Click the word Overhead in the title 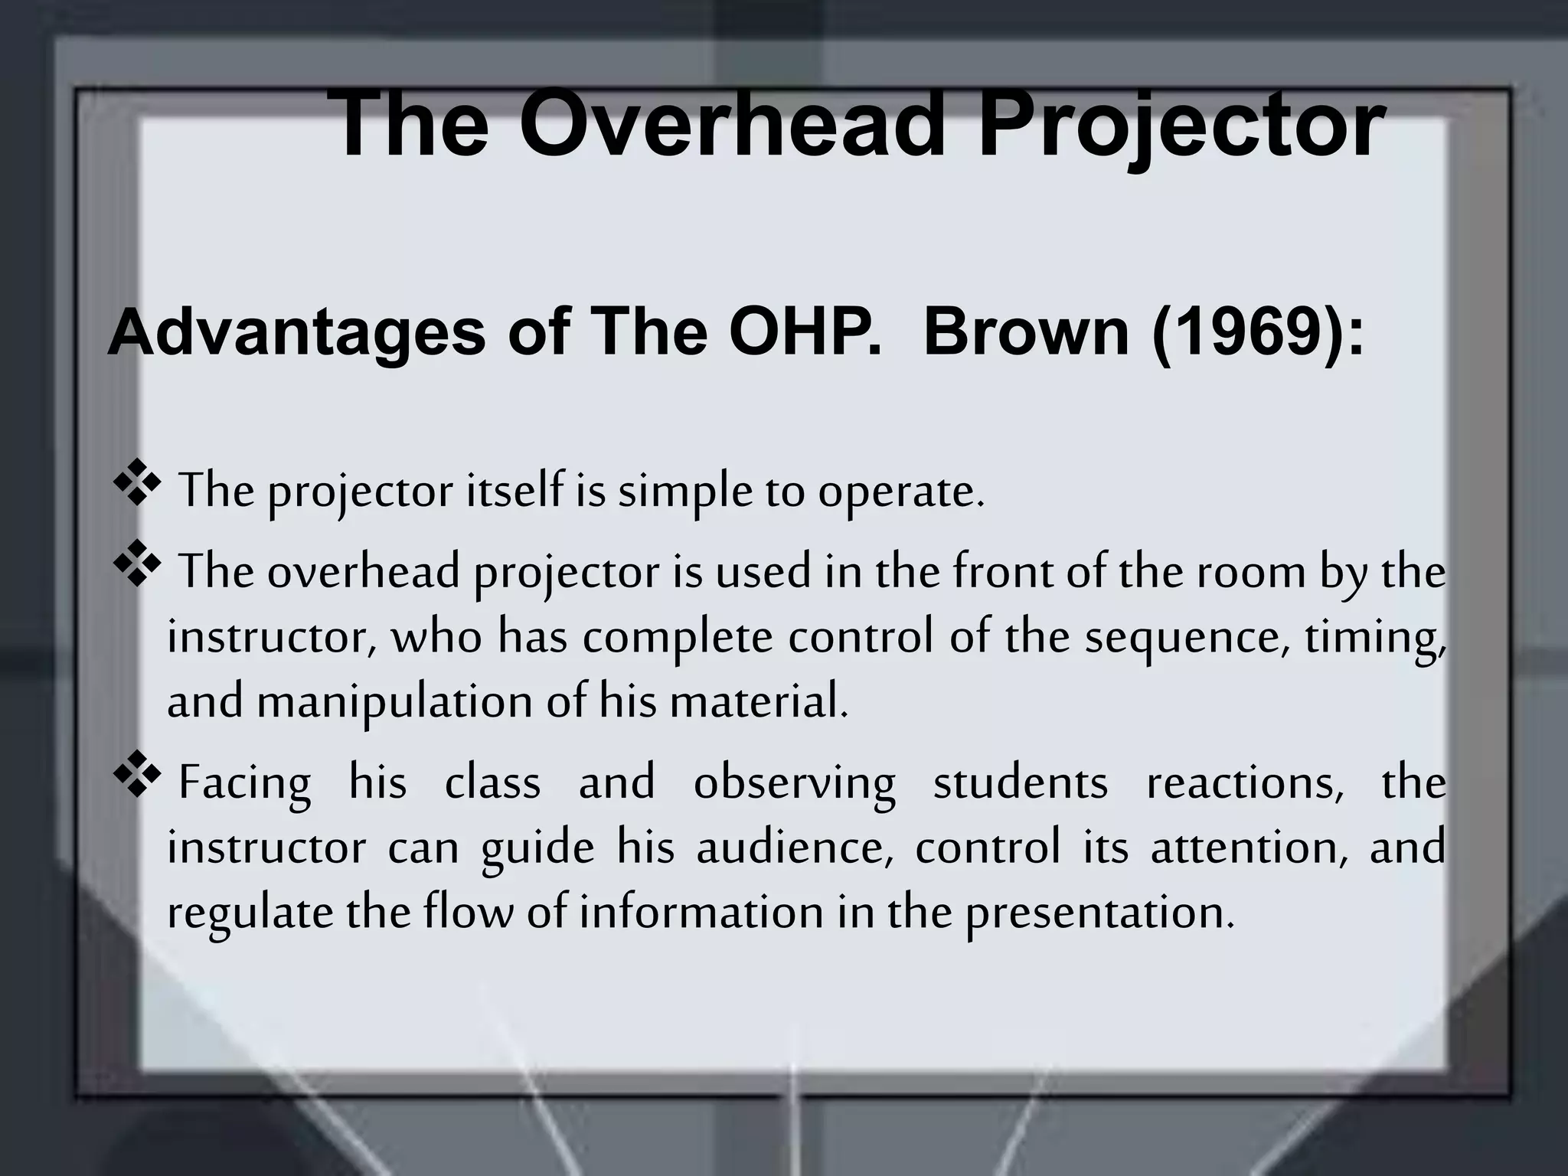click(x=734, y=124)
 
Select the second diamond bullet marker click(x=137, y=567)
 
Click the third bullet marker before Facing click(x=137, y=779)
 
